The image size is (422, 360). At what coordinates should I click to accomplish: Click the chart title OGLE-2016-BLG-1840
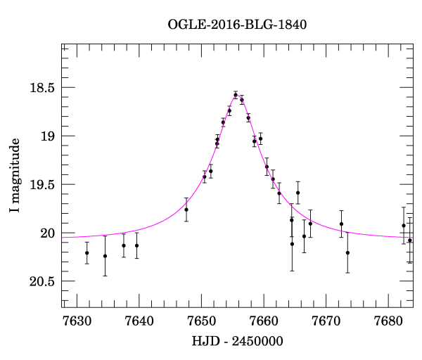coord(237,25)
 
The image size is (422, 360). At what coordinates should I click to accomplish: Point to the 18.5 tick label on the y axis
coord(41,89)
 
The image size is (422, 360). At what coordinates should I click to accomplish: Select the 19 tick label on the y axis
coord(47,136)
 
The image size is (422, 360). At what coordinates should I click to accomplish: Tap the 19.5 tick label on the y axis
coord(41,185)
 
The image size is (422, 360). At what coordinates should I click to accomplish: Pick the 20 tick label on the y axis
coord(47,233)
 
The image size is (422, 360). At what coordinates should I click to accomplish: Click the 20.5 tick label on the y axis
coord(41,282)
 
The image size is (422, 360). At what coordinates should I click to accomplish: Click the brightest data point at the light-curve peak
coord(236,95)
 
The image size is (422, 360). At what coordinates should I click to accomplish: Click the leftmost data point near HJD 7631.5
coord(87,253)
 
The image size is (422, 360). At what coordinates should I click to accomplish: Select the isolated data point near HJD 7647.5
coord(186,210)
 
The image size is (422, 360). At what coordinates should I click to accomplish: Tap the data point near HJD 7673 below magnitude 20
coord(347,252)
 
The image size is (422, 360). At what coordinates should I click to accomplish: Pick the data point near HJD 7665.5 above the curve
coord(298,193)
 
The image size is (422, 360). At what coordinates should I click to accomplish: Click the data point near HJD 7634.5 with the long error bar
coord(105,256)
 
